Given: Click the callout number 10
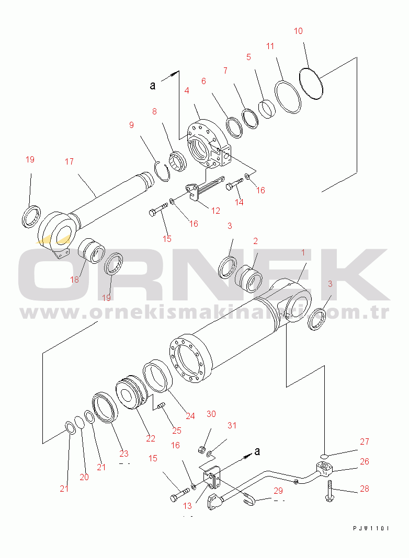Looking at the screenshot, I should [x=298, y=31].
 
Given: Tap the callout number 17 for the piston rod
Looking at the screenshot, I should [x=69, y=162].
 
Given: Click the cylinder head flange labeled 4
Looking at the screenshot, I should [x=207, y=143].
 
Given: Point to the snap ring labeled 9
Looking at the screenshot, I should [x=163, y=171].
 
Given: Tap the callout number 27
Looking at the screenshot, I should [x=364, y=442].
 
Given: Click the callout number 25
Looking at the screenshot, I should [x=177, y=431].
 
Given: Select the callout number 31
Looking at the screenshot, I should [x=231, y=426].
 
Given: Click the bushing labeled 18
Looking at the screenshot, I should [x=92, y=251].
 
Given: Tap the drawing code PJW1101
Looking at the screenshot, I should [x=371, y=529].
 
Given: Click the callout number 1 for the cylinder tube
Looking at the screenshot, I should [x=302, y=253].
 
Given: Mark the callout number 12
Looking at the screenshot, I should [x=215, y=211].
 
